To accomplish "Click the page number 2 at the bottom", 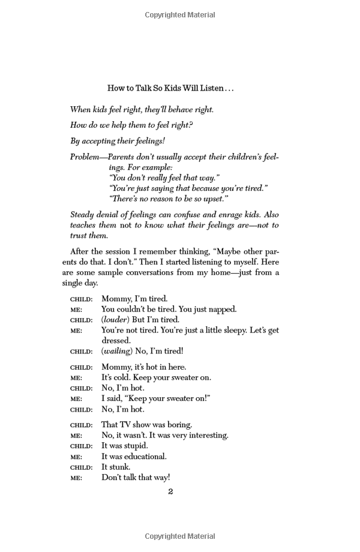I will tap(170, 492).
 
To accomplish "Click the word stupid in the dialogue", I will tap(135, 446).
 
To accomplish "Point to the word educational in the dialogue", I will tap(142, 457).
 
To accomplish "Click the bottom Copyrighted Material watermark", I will tap(180, 536).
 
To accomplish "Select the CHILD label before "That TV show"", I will tap(82, 425).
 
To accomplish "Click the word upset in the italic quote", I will tap(214, 199).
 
